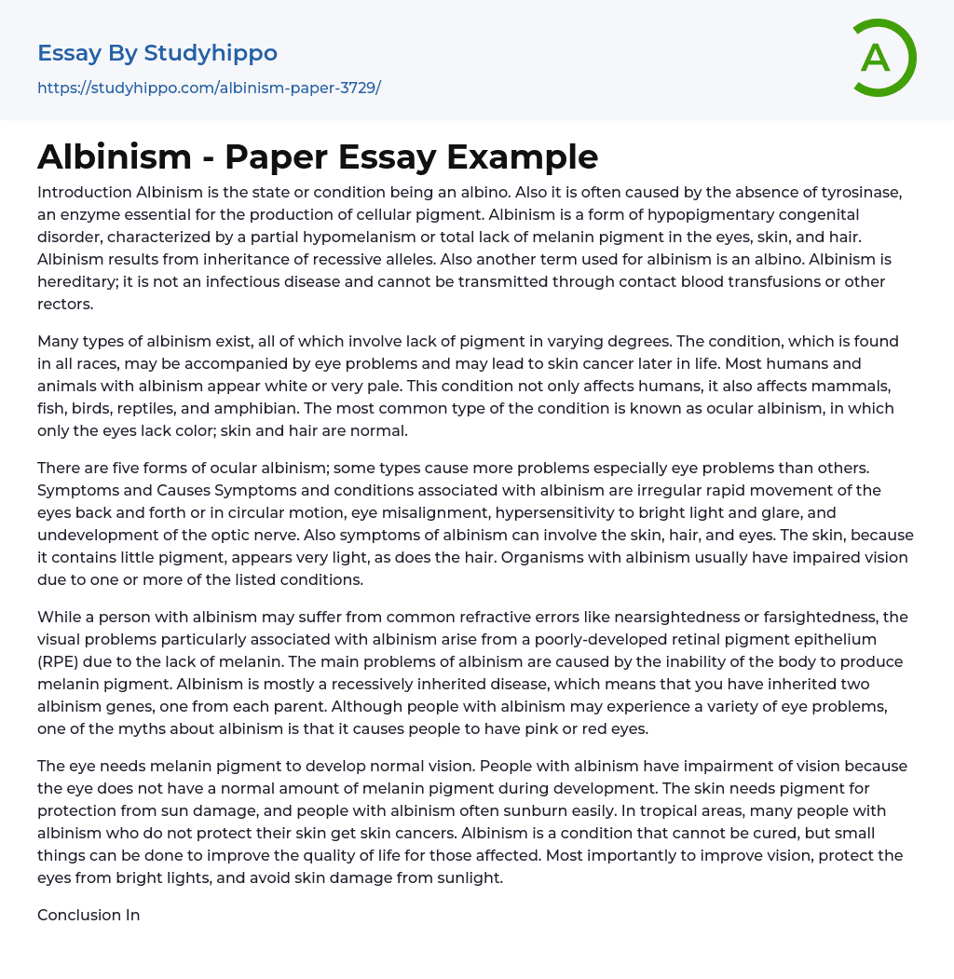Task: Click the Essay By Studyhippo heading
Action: point(157,53)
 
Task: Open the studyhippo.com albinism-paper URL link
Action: point(209,88)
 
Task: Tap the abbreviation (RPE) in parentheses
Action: point(63,661)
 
